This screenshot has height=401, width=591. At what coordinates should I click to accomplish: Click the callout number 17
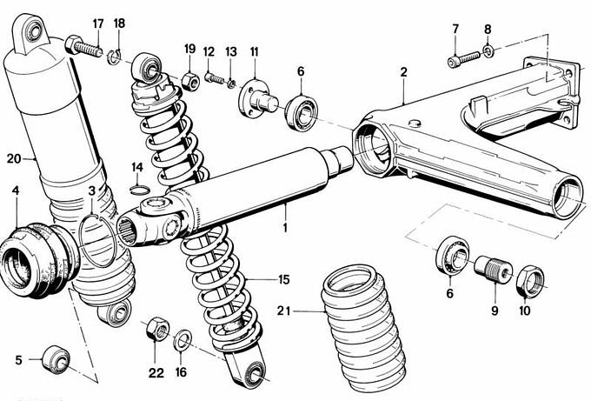click(97, 23)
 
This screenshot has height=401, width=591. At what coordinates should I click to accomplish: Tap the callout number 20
click(12, 158)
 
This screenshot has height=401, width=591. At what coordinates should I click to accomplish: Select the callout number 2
click(403, 72)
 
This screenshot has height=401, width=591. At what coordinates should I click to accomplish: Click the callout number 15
click(283, 280)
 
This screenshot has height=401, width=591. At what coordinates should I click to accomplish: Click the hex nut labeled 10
click(530, 280)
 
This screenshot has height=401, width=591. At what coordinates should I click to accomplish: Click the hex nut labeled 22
click(156, 331)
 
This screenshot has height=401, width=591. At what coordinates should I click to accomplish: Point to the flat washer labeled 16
click(183, 338)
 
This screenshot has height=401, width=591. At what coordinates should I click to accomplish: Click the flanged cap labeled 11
click(255, 92)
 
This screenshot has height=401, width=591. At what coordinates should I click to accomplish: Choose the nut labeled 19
click(190, 83)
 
